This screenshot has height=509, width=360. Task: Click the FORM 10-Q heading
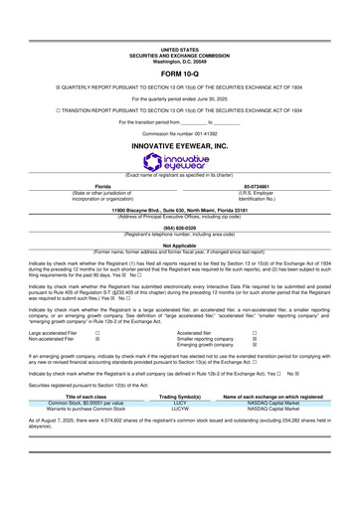[x=179, y=73]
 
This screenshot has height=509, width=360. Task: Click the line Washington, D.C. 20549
[x=179, y=59]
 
